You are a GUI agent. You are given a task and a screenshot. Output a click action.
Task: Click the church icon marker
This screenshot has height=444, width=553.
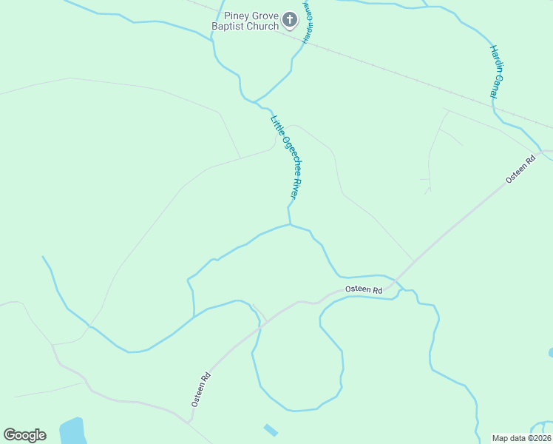coord(290,21)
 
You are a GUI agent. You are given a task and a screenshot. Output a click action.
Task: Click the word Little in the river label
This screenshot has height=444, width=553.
coord(276,125)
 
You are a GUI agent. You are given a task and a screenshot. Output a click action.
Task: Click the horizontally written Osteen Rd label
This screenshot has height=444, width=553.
coord(364,289)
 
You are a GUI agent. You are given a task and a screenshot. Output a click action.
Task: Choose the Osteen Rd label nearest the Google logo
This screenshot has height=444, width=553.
coord(201,388)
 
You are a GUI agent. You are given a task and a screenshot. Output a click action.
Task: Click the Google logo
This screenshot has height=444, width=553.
coord(24,435)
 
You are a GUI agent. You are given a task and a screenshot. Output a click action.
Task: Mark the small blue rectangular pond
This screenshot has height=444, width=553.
coord(271,430)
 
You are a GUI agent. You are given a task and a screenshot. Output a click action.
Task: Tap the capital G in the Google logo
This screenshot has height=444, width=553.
coord(10,434)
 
